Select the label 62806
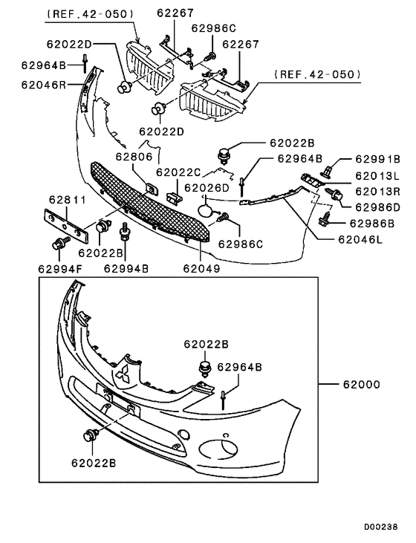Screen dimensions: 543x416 coord(134,157)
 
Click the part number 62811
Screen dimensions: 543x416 coord(68,200)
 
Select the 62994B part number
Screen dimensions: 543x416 coord(126,268)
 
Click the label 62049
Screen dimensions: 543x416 coord(201,268)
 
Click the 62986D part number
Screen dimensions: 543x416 coord(377,207)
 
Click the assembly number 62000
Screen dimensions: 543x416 coord(361,385)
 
